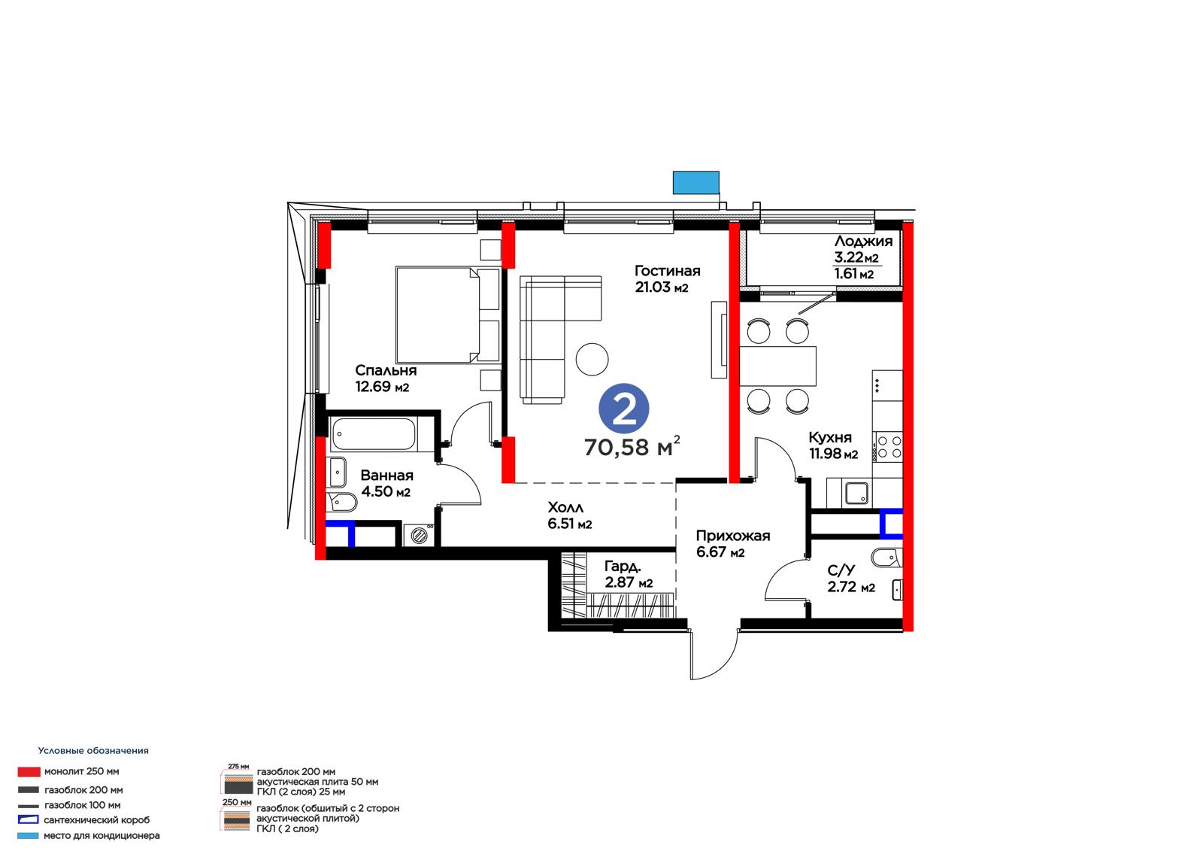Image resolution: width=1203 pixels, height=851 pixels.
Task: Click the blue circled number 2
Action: click(x=624, y=409)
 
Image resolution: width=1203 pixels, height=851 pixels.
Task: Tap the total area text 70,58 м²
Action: click(x=632, y=447)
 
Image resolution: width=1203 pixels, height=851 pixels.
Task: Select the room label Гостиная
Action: click(x=668, y=270)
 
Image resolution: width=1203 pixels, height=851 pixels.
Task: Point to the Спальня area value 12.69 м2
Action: click(x=383, y=387)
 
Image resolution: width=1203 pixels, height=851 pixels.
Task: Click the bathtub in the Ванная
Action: click(x=374, y=434)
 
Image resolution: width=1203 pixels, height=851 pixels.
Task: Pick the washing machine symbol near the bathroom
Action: click(x=419, y=535)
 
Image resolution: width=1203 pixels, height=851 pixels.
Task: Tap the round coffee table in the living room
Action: click(x=592, y=359)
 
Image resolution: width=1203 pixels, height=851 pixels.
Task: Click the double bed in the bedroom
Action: click(x=448, y=315)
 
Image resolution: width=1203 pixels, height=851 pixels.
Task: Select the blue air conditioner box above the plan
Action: click(x=696, y=183)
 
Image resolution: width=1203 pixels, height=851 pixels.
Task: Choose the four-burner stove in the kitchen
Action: click(x=888, y=447)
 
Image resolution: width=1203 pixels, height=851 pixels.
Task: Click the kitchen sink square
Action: click(x=856, y=493)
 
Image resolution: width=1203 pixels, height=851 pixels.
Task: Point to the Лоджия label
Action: click(x=864, y=242)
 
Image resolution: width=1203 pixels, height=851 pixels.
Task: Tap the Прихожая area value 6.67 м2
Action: click(x=720, y=552)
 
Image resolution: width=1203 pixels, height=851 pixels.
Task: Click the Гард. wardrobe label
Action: click(x=623, y=566)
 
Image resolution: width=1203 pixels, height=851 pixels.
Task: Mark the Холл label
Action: click(x=565, y=507)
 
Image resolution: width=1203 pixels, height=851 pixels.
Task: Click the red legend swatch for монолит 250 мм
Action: click(x=29, y=772)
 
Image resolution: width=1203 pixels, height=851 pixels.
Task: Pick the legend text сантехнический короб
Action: click(x=97, y=820)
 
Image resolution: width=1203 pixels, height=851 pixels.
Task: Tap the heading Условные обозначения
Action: click(x=93, y=750)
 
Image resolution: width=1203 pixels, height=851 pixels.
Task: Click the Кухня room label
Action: click(x=830, y=437)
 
